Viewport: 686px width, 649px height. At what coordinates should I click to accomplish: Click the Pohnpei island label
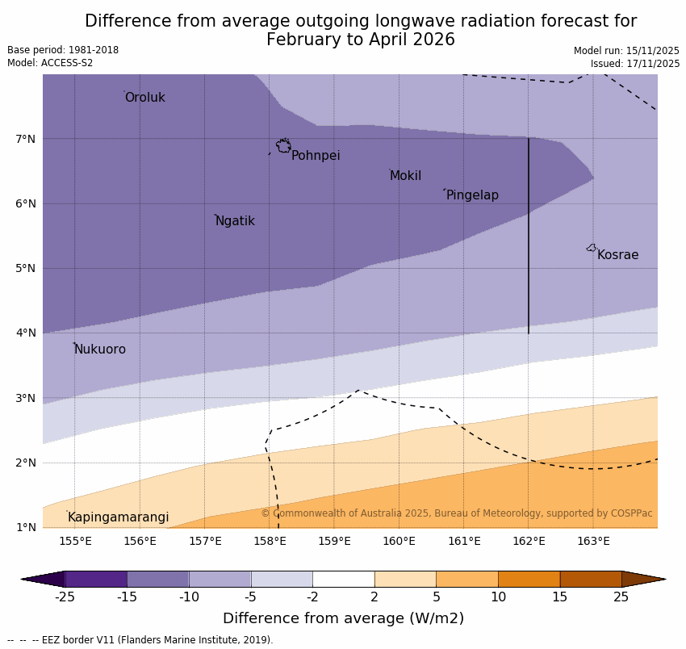(x=316, y=156)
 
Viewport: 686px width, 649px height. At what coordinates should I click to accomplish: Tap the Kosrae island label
(x=617, y=255)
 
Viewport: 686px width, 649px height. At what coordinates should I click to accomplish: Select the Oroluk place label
(x=144, y=98)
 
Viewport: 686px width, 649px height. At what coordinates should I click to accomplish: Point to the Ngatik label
(x=235, y=221)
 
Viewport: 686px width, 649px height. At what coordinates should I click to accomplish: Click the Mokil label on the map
(x=405, y=176)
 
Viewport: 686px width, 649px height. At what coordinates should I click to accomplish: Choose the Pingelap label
(x=472, y=195)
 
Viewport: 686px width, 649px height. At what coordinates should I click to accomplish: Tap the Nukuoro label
(x=100, y=350)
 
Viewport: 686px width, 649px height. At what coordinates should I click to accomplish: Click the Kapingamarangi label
(x=118, y=517)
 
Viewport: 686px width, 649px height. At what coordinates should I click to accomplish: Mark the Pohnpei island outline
(x=283, y=146)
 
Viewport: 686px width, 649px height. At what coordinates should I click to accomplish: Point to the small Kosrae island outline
(x=592, y=248)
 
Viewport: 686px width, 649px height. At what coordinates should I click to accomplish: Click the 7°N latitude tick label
(x=25, y=139)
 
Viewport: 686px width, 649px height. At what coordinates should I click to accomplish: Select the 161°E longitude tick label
(x=464, y=541)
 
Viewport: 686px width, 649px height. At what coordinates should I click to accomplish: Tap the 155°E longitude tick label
(x=75, y=541)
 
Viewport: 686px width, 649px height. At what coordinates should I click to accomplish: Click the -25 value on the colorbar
(x=65, y=597)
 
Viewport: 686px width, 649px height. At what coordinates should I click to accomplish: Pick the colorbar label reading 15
(x=560, y=597)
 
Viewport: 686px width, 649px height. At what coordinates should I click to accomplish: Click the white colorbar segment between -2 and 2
(x=343, y=579)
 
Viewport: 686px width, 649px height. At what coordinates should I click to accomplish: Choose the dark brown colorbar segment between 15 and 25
(x=591, y=579)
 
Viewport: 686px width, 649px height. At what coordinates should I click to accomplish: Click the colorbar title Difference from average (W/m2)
(x=343, y=619)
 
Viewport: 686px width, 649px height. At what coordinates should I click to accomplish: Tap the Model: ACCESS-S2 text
(x=50, y=63)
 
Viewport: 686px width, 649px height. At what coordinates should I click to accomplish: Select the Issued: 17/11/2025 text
(x=634, y=63)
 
